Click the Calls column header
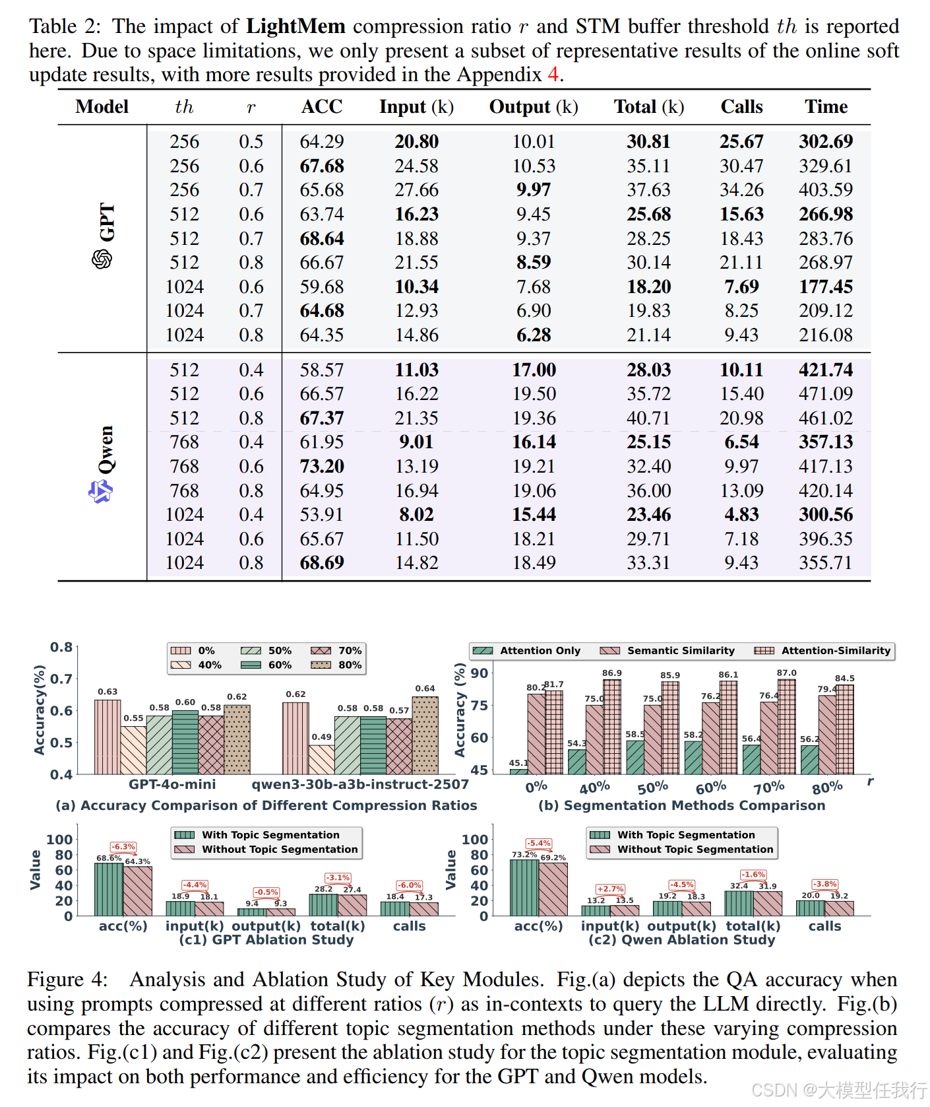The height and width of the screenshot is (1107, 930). click(741, 107)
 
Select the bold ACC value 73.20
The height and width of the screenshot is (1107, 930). click(322, 467)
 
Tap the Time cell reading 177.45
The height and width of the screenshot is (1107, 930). click(826, 286)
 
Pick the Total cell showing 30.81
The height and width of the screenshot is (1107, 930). click(648, 141)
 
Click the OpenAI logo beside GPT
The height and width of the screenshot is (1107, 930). click(102, 259)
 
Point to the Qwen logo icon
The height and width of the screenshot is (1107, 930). click(100, 491)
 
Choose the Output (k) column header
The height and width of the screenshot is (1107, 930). click(534, 107)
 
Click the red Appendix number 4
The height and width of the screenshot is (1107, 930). click(553, 75)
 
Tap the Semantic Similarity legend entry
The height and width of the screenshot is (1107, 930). click(667, 651)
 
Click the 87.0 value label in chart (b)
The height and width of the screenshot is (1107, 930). click(787, 673)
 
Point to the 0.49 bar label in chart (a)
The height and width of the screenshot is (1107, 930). click(322, 737)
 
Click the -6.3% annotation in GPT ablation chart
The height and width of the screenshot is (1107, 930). click(123, 847)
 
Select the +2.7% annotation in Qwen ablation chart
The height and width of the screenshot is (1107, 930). click(610, 889)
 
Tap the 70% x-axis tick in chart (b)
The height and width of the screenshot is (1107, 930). click(769, 788)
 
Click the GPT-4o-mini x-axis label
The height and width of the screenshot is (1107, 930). click(172, 784)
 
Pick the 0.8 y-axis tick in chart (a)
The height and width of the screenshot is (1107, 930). click(62, 647)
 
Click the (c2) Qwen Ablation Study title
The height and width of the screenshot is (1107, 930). click(682, 939)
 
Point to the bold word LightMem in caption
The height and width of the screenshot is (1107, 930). click(295, 26)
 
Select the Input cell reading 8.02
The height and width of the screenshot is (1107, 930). click(416, 515)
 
